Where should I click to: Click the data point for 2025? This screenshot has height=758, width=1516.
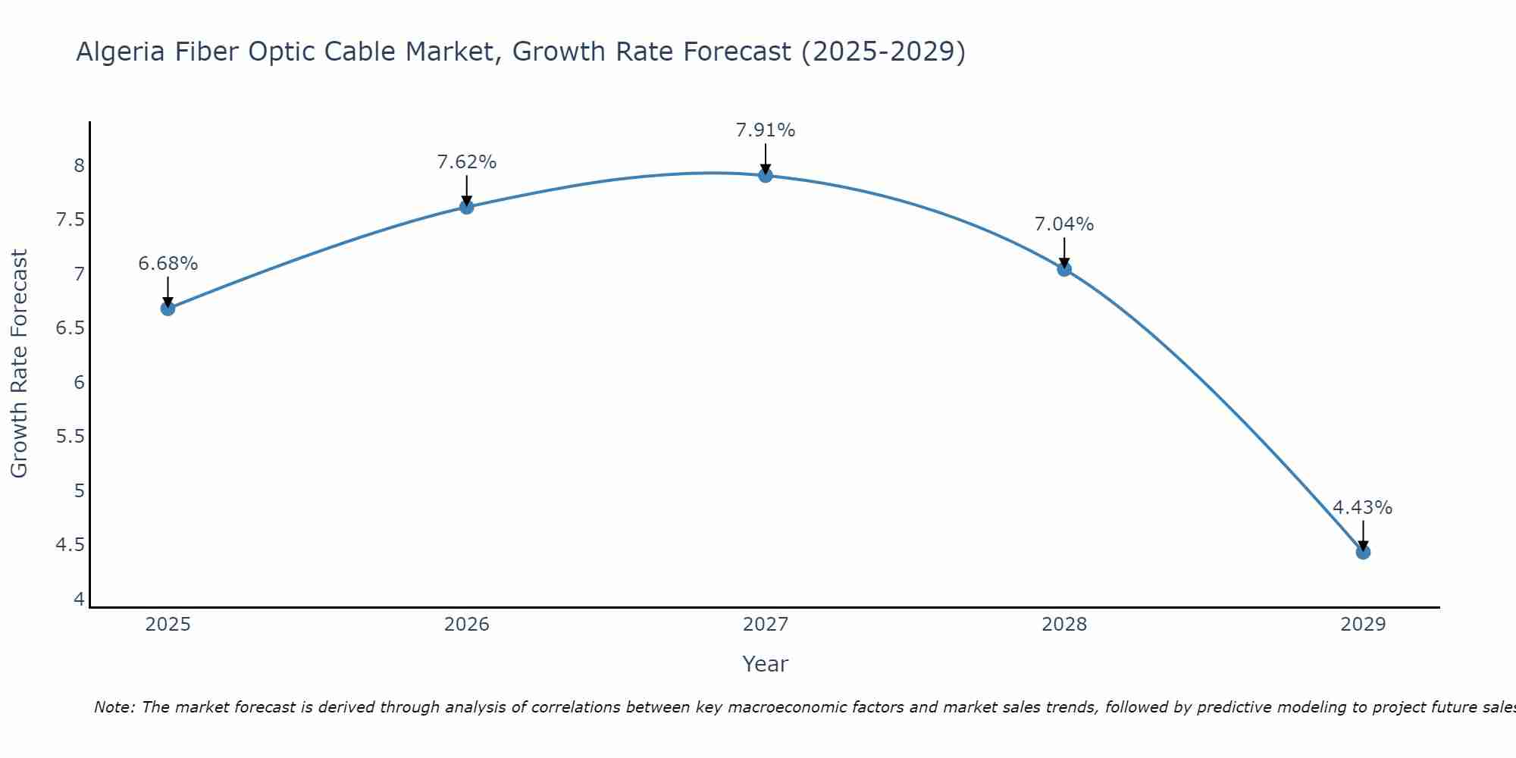point(168,309)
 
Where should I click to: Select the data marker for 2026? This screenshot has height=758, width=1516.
point(466,207)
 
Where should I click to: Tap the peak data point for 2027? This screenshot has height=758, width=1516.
point(766,176)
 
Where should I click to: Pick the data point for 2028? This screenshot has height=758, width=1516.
point(1064,269)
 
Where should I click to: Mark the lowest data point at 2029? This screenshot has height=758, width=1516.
point(1363,553)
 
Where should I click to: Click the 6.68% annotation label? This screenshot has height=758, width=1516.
point(168,264)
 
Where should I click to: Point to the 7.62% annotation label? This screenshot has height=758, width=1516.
point(466,162)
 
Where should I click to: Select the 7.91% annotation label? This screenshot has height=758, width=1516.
point(766,130)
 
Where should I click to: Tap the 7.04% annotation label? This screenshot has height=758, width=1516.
point(1064,224)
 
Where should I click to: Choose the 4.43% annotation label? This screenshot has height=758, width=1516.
point(1362,508)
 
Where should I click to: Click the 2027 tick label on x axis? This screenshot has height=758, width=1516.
point(766,625)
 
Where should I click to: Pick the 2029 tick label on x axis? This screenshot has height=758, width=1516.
point(1363,625)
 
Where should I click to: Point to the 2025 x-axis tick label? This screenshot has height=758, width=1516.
point(168,625)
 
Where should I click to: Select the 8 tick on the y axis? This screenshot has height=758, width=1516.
point(79,165)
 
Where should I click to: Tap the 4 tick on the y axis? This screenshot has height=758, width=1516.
point(79,600)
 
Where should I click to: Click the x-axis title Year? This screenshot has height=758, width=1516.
point(766,664)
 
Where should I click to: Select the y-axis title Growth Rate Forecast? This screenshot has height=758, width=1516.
point(20,364)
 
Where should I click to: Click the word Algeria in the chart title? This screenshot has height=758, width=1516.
point(121,52)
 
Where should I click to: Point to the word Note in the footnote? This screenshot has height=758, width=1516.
point(113,707)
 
